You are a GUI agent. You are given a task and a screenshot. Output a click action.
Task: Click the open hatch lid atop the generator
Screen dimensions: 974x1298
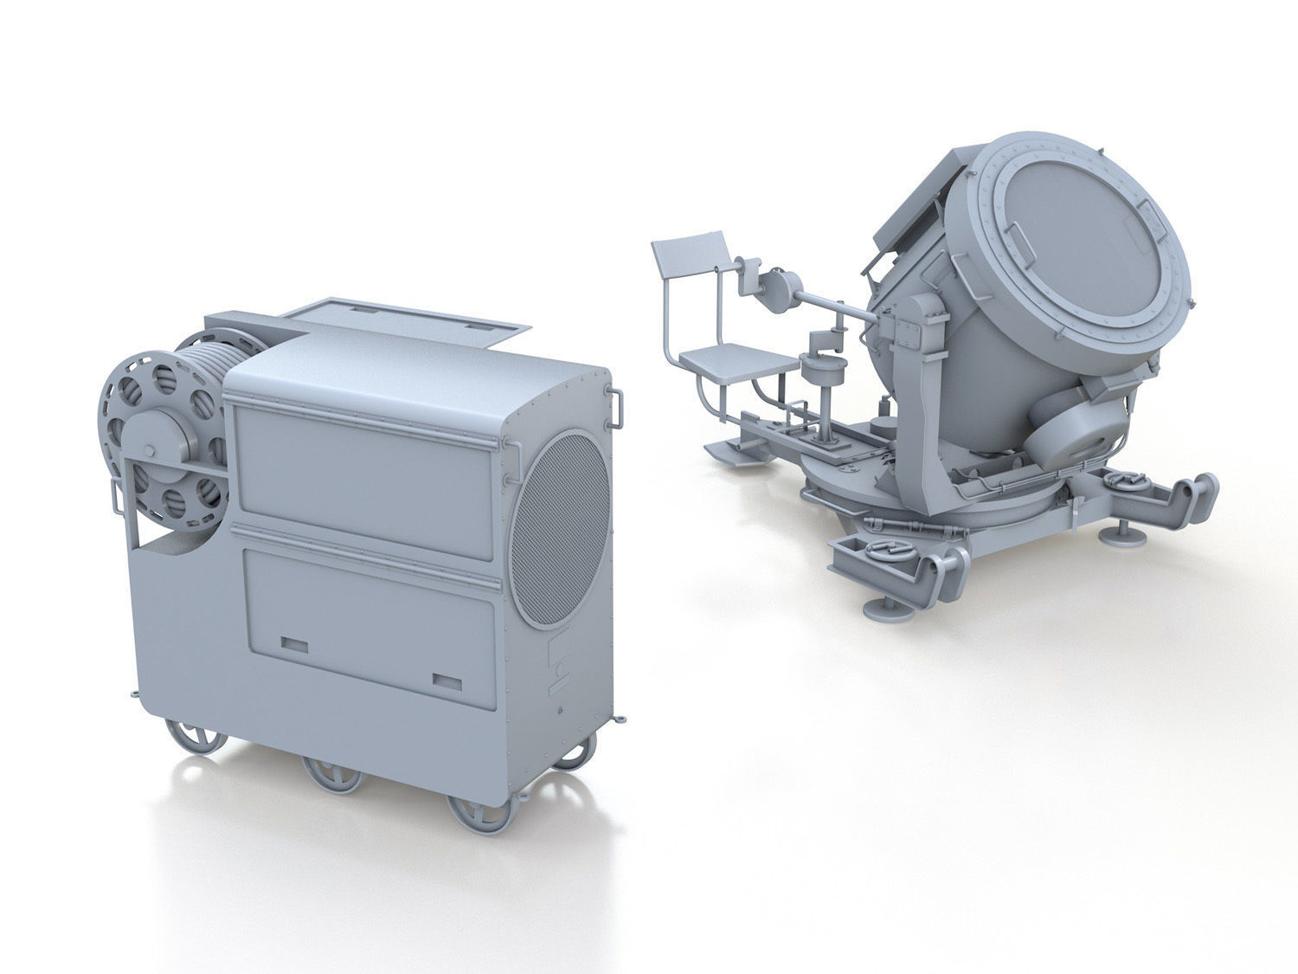coord(407,320)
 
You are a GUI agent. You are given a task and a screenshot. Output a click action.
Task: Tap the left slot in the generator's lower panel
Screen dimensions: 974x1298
coord(294,645)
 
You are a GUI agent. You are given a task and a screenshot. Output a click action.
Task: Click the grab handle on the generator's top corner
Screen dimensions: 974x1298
coord(617,407)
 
